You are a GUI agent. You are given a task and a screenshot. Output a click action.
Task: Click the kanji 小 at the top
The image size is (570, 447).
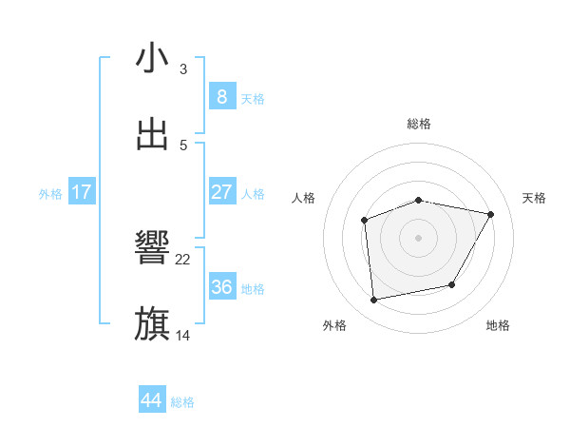[152, 58]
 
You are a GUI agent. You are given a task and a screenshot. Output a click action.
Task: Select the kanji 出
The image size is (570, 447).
[152, 135]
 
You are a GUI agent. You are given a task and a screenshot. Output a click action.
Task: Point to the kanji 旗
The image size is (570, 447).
[152, 324]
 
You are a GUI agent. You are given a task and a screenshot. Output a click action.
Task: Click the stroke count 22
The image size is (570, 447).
[183, 259]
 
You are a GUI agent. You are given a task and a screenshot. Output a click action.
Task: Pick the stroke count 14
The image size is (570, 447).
[183, 335]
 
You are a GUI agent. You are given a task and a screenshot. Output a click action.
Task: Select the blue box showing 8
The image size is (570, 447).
[221, 97]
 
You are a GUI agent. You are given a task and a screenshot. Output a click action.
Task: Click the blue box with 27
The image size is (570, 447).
[221, 192]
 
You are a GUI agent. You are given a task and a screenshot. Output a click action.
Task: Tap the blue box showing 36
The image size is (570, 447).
[221, 287]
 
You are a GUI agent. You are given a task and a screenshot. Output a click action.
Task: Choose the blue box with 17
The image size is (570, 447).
[82, 192]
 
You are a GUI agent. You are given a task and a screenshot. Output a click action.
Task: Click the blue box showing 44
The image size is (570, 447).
[151, 400]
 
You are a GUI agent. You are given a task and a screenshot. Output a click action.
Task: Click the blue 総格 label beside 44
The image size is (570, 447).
[182, 402]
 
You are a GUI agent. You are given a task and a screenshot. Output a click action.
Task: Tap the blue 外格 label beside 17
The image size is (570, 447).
[50, 194]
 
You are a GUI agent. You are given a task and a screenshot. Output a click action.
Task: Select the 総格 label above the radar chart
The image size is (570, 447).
[419, 124]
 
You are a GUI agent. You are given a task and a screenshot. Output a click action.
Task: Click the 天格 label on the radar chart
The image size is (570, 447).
[535, 198]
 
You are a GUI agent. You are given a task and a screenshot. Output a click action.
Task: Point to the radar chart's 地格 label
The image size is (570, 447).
[498, 325]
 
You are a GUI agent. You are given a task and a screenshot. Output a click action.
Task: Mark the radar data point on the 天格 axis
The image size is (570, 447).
[490, 214]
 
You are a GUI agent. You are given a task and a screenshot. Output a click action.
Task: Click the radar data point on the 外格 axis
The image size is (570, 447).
[374, 300]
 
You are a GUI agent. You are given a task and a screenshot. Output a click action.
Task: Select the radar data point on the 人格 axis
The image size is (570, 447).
[365, 221]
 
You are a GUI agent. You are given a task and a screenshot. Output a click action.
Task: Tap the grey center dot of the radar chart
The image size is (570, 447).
[419, 238]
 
